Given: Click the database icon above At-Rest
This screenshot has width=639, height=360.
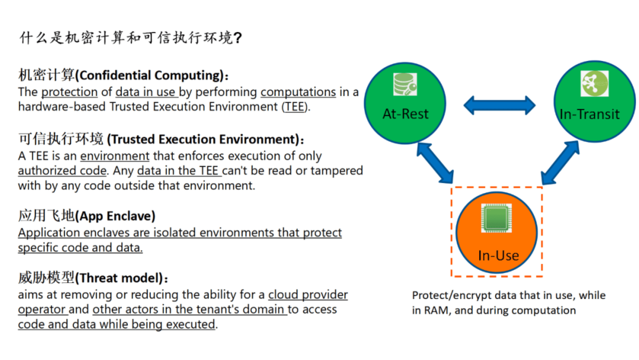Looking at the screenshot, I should coord(405,84).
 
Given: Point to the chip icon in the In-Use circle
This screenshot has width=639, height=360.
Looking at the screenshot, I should coord(496,218).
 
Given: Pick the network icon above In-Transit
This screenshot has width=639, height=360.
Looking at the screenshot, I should coord(594,83).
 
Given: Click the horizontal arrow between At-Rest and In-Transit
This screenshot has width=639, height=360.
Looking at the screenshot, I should coord(499,106).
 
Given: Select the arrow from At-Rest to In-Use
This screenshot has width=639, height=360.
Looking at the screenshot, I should coord(435,163).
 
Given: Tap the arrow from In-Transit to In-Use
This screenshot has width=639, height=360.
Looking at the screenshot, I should coord(560,163).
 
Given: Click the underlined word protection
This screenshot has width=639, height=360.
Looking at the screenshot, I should coord(69,92).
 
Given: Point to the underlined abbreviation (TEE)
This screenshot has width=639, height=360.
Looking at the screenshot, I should coord(296,107).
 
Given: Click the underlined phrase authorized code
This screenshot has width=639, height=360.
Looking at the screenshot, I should coord(62,171).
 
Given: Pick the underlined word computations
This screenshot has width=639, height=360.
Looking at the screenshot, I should coord(298,92).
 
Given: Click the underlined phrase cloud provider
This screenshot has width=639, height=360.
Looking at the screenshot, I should coord(308,295).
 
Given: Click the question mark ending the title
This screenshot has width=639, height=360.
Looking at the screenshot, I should coord(238,38).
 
